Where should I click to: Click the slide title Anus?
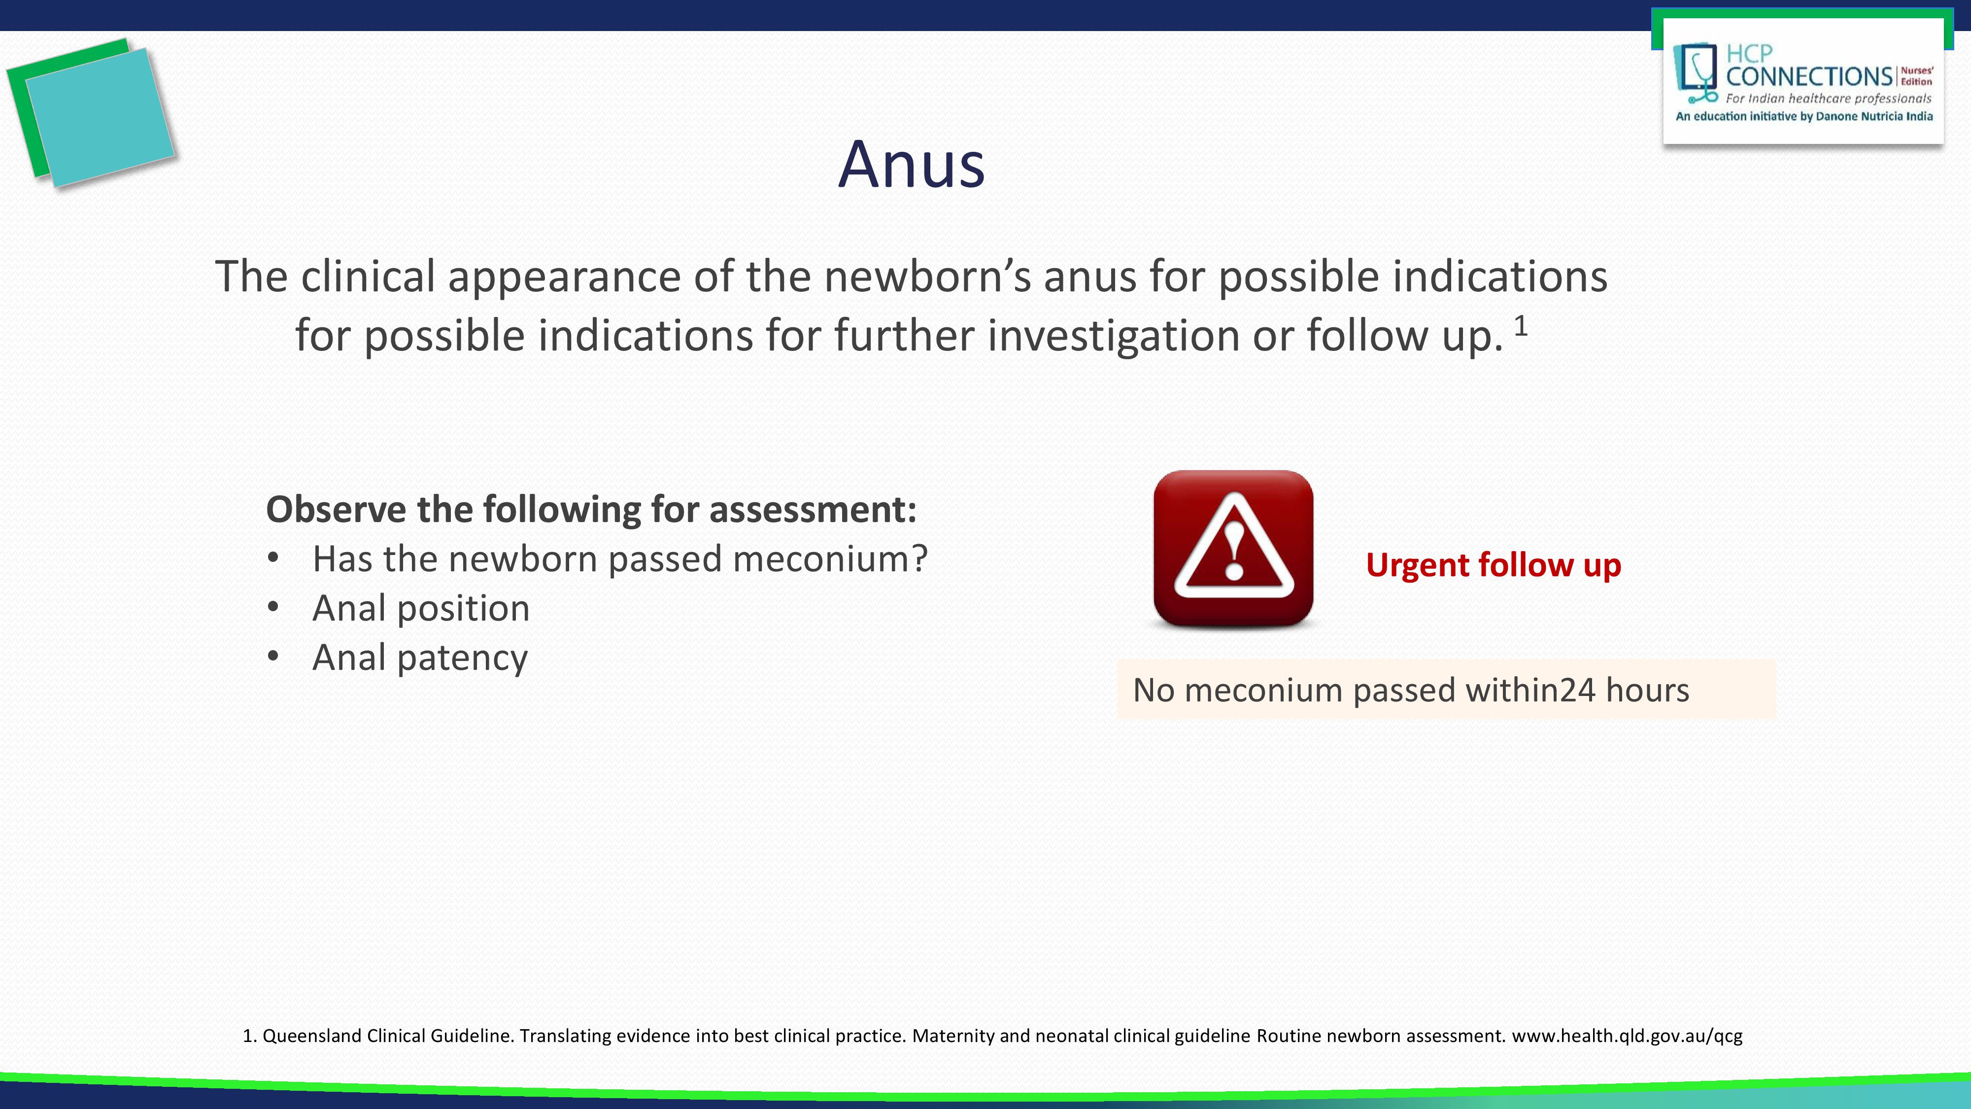coord(911,165)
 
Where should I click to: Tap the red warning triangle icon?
coord(1233,549)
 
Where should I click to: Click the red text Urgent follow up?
coord(1493,565)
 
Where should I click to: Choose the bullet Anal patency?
coord(419,658)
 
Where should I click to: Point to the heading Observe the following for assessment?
coord(591,510)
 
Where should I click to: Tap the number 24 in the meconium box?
coord(1577,691)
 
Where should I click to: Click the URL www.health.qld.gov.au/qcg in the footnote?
coord(1627,1036)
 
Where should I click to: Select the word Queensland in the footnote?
coord(311,1036)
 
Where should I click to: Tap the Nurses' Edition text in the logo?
coord(1917,76)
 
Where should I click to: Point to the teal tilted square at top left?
coord(100,116)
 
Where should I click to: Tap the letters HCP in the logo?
coord(1749,54)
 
